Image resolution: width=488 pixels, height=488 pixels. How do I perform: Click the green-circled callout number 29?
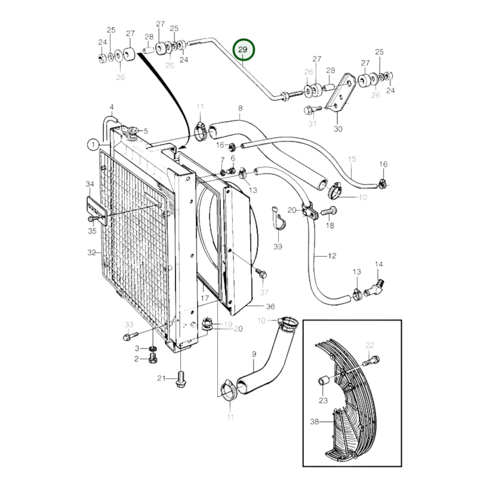pos(243,50)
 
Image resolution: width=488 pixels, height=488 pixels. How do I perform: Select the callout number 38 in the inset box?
pos(314,421)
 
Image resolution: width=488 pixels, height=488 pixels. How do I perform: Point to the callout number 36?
pos(270,306)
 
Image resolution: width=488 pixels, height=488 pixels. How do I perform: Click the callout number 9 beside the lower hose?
pos(254,354)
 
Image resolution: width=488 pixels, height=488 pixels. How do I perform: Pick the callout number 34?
pos(89,184)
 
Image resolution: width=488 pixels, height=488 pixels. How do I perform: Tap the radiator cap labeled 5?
pos(133,130)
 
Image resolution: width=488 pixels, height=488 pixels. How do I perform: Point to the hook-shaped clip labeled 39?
pos(279,220)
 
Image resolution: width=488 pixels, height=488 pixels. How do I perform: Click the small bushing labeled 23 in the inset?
pos(323,381)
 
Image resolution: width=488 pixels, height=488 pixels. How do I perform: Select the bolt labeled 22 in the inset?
pos(371,361)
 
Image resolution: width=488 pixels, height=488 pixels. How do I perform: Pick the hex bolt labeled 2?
pos(153,359)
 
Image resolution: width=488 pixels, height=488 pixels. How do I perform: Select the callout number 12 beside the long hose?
pos(332,256)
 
